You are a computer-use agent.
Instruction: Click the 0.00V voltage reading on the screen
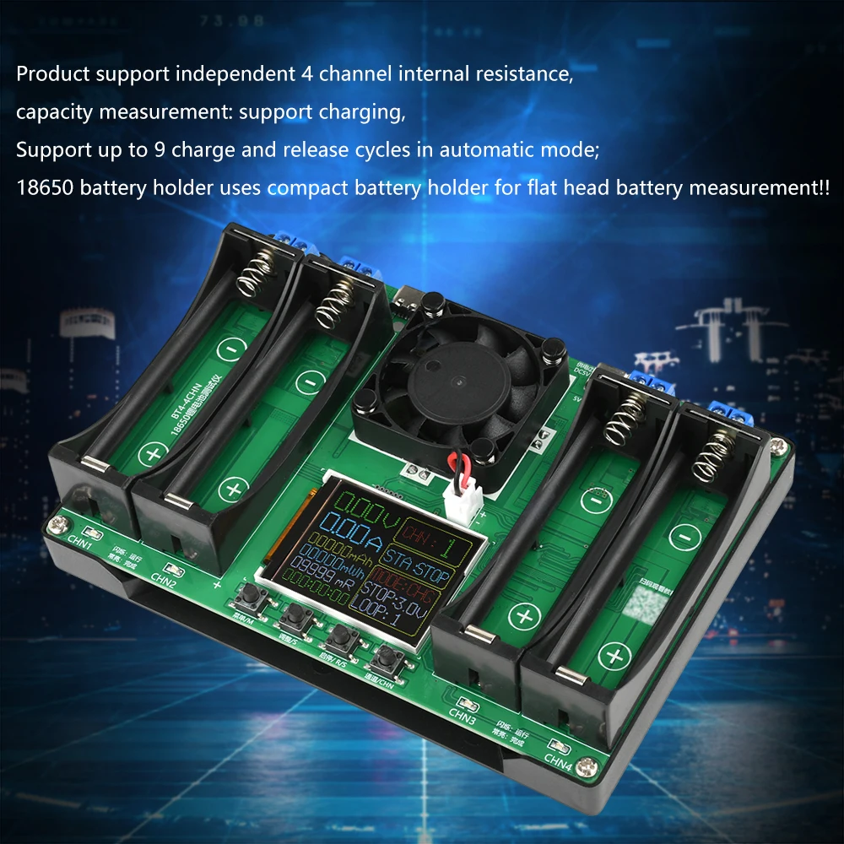coord(358,509)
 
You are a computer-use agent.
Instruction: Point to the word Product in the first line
coord(52,73)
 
